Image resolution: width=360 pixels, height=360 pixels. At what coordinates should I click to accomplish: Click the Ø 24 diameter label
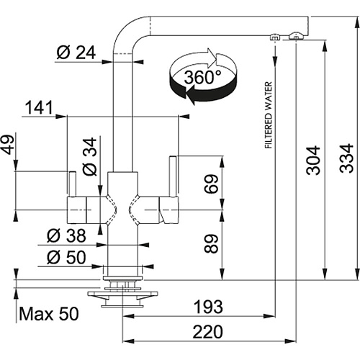pyautogui.click(x=76, y=53)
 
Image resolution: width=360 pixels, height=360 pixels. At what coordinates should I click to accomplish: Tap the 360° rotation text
pyautogui.click(x=202, y=77)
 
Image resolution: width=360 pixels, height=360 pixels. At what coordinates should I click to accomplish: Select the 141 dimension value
pyautogui.click(x=39, y=107)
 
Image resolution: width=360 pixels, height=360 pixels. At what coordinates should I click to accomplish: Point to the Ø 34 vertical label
pyautogui.click(x=89, y=156)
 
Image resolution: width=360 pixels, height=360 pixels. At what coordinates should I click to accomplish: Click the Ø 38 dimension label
pyautogui.click(x=66, y=235)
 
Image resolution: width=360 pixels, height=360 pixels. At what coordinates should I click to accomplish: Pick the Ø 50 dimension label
pyautogui.click(x=66, y=257)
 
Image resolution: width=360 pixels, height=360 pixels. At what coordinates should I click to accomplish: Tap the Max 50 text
pyautogui.click(x=49, y=314)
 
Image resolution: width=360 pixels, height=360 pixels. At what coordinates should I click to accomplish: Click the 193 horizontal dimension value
pyautogui.click(x=208, y=307)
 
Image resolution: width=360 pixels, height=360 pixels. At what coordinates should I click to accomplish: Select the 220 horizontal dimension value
pyautogui.click(x=208, y=332)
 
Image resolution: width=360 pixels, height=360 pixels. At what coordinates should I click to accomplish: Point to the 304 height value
pyautogui.click(x=313, y=160)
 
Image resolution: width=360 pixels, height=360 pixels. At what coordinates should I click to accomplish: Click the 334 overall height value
pyautogui.click(x=346, y=158)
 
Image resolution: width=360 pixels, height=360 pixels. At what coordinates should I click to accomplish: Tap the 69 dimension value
pyautogui.click(x=211, y=184)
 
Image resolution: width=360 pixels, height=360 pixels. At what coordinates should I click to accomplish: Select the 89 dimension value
pyautogui.click(x=211, y=244)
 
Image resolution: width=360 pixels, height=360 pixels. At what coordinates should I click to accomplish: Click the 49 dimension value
pyautogui.click(x=8, y=145)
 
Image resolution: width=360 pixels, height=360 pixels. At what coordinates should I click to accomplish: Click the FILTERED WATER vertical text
pyautogui.click(x=269, y=115)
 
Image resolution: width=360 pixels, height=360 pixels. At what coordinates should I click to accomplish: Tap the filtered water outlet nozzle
pyautogui.click(x=274, y=37)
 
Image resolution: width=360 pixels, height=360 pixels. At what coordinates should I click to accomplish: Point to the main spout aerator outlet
pyautogui.click(x=296, y=36)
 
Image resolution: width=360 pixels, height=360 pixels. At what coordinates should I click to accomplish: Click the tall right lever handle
pyautogui.click(x=173, y=176)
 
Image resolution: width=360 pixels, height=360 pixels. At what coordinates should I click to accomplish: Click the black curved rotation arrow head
pyautogui.click(x=192, y=95)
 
